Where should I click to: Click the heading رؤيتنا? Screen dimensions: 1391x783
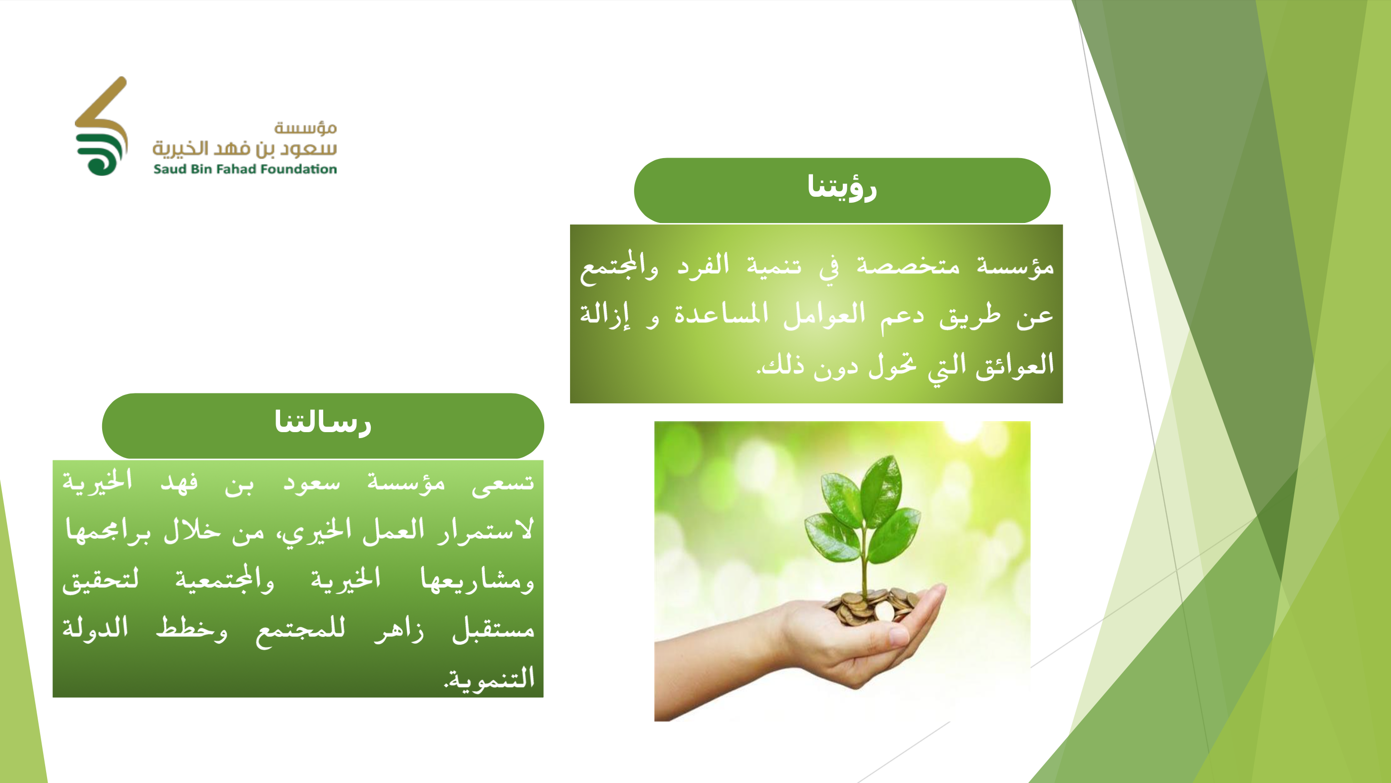pos(842,187)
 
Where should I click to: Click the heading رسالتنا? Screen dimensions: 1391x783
pos(323,422)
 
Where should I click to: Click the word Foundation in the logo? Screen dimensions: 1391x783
pos(298,169)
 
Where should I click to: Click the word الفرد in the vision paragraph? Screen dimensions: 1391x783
pos(703,265)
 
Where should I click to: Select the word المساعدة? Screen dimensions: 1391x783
pos(721,313)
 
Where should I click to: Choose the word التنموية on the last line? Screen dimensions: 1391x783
pos(490,678)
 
